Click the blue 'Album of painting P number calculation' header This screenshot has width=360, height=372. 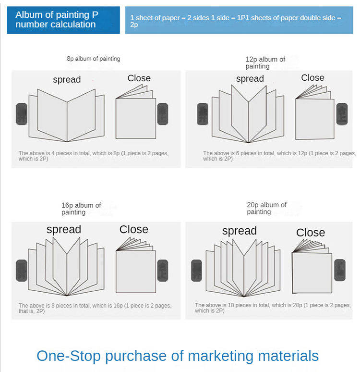[x=63, y=20]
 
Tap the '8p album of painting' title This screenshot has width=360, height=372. [x=94, y=59]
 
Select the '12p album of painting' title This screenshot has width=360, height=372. [x=265, y=62]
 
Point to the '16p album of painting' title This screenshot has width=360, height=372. [x=81, y=209]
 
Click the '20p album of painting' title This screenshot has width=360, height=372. [x=266, y=208]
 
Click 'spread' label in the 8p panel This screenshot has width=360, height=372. [x=67, y=80]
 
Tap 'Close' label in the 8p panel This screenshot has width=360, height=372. [x=139, y=78]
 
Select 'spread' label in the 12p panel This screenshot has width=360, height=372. [x=250, y=79]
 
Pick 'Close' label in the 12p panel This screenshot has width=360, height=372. [x=312, y=77]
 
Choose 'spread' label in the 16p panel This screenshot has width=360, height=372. [x=64, y=230]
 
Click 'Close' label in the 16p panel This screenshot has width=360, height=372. [x=133, y=229]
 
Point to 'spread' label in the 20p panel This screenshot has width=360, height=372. [x=240, y=231]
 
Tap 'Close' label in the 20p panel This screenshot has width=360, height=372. [x=311, y=233]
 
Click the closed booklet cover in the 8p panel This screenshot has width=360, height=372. [x=135, y=118]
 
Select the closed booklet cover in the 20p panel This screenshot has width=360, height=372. [x=312, y=273]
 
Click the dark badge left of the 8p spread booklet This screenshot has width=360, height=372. [x=21, y=114]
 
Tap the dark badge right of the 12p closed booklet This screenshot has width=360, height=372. [x=342, y=114]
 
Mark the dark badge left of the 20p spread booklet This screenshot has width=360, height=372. [x=196, y=271]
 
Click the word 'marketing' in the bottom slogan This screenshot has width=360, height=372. [x=221, y=356]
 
